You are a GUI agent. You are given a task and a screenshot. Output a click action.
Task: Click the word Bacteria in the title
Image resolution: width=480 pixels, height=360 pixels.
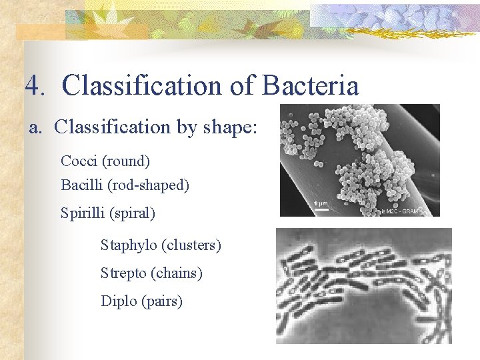(x=311, y=86)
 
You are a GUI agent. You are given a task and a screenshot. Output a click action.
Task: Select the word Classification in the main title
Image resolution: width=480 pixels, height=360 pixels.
(x=141, y=86)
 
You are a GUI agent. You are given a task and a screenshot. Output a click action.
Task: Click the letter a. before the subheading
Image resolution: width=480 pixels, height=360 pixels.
(x=36, y=127)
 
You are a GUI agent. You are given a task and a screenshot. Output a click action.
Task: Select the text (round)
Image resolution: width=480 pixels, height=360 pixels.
(x=126, y=161)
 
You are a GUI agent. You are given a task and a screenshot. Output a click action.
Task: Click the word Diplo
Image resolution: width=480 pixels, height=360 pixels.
(x=119, y=301)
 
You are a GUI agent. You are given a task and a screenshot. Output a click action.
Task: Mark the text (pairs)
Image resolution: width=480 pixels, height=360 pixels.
(x=162, y=301)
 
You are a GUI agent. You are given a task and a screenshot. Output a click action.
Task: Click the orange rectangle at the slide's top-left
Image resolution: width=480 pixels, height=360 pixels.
(x=40, y=32)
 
